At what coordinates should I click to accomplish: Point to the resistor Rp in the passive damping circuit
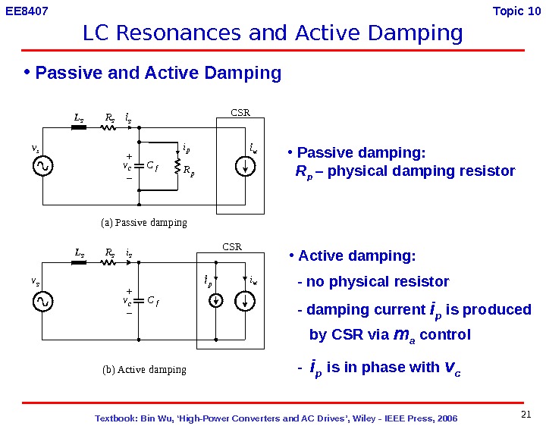tap(177, 166)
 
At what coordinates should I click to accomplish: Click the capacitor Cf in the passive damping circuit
tap(140, 164)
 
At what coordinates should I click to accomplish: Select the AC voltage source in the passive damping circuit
tap(42, 165)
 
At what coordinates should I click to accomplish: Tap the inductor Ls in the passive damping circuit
tap(78, 127)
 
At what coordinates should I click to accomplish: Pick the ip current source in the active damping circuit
tap(216, 301)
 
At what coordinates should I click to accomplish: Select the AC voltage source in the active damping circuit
tap(42, 302)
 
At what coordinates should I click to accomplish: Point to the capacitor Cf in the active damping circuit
tap(140, 301)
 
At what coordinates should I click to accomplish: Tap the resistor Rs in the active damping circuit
tap(108, 263)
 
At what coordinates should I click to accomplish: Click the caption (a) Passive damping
tap(144, 223)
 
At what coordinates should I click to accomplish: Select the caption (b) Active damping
tap(144, 370)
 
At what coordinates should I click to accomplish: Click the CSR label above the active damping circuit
tap(231, 247)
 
